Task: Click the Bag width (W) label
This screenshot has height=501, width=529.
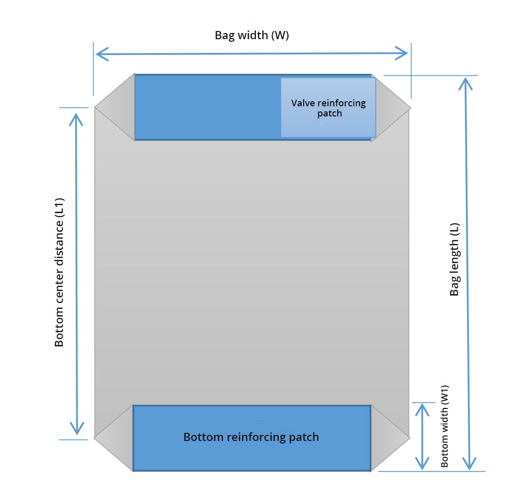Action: (252, 36)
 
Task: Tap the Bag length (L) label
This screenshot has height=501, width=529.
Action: (454, 259)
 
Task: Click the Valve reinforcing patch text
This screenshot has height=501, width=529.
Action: (329, 108)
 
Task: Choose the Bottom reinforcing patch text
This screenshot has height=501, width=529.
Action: (251, 437)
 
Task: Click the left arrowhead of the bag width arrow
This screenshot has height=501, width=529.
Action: (100, 53)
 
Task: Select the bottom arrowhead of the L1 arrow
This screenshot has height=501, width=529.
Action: (77, 429)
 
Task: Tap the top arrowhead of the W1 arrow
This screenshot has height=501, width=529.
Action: (421, 407)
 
